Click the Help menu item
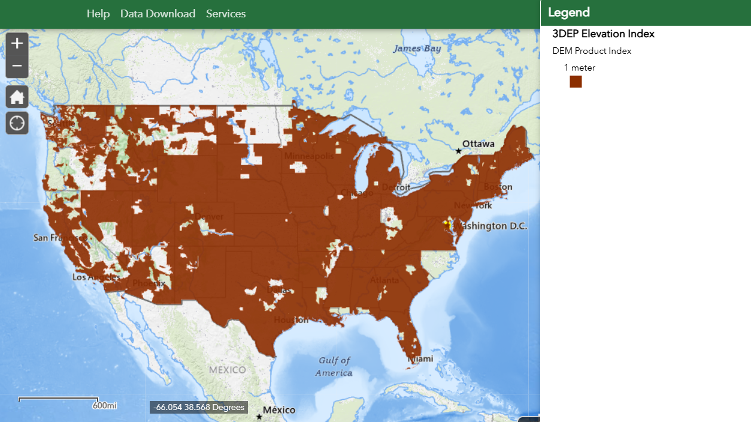98,14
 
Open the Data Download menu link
158,14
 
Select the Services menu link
226,14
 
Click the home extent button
17,96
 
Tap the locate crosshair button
17,123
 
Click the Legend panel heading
568,13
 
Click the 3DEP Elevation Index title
603,34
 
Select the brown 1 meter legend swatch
576,82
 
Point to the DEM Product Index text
592,51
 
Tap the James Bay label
417,48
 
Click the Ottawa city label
478,144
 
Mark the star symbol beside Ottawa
458,151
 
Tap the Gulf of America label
334,366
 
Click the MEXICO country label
227,370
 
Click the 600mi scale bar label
104,406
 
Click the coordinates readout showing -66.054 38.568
199,407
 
